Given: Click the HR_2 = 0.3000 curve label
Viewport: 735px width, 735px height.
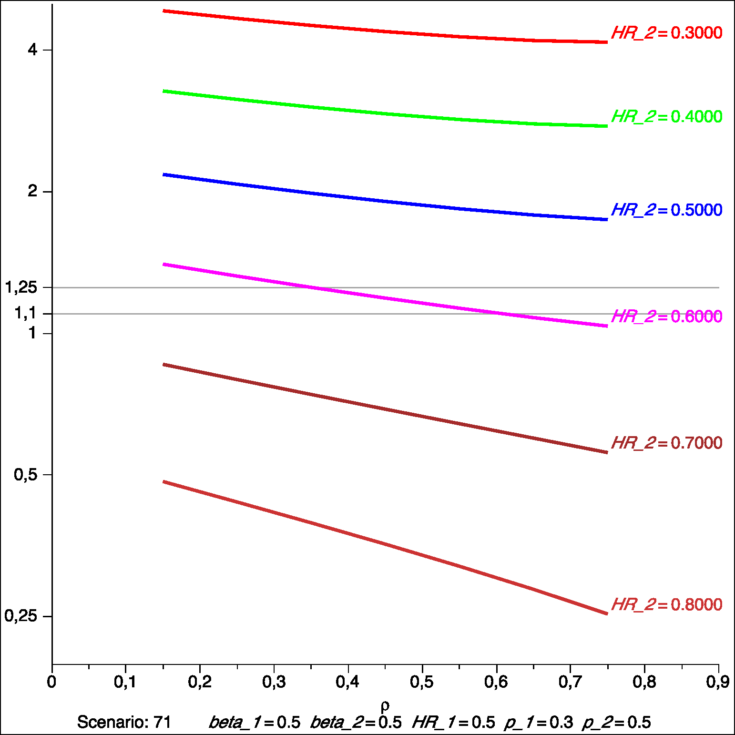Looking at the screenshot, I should click(x=666, y=33).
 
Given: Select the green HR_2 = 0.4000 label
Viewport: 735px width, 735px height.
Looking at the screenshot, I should click(x=666, y=116).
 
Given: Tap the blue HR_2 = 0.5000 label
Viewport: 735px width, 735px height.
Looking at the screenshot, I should click(x=666, y=210).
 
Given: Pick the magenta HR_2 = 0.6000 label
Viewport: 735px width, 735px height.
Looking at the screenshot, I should click(x=666, y=316).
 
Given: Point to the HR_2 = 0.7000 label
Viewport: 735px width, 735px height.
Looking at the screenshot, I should click(x=666, y=443).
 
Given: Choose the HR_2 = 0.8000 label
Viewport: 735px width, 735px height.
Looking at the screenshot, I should click(x=666, y=604).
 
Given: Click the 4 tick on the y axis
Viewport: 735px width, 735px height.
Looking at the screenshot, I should click(x=32, y=50).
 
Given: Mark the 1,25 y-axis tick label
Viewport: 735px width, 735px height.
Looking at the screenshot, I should click(x=21, y=287).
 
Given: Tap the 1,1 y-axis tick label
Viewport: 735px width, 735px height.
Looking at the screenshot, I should click(x=26, y=313).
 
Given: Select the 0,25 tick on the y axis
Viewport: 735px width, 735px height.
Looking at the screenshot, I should click(x=21, y=616).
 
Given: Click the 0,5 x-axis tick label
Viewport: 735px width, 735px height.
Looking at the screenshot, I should click(x=422, y=682).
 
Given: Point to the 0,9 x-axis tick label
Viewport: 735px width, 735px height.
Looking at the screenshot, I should click(x=718, y=682).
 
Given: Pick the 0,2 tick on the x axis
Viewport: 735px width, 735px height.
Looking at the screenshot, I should click(x=200, y=682).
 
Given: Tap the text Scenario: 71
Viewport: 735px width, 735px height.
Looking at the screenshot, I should click(x=124, y=722).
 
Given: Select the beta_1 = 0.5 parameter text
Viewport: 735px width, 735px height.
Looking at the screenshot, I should click(x=255, y=723).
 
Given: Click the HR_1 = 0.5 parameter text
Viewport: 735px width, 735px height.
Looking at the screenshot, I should click(x=453, y=723).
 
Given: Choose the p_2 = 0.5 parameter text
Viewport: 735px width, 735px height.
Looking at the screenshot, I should click(x=616, y=723).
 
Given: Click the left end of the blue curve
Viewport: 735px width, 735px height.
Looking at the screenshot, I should click(x=164, y=175).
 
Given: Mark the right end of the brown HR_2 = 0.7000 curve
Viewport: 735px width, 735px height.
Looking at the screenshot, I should click(x=607, y=452).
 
